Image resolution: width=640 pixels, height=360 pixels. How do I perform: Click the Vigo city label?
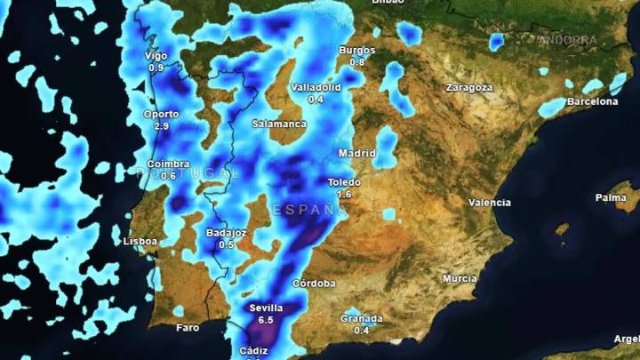click(x=156, y=56)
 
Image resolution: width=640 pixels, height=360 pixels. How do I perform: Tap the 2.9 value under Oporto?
click(x=161, y=126)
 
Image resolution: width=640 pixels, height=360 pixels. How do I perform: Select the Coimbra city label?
click(x=168, y=164)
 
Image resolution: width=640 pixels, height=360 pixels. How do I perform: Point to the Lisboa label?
click(x=140, y=241)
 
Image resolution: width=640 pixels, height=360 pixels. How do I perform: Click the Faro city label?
click(x=188, y=327)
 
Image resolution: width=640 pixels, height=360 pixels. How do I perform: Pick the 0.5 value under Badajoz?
click(x=226, y=244)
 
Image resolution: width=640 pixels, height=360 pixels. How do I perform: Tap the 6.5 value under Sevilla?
click(x=265, y=319)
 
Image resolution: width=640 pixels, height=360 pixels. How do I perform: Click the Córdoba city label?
click(x=314, y=284)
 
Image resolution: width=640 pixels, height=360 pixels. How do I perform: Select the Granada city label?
click(x=362, y=318)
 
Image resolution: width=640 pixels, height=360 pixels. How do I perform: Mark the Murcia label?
click(x=460, y=278)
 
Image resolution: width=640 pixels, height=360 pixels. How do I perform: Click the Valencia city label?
click(x=490, y=203)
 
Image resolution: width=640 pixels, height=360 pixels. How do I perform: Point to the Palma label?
click(x=611, y=197)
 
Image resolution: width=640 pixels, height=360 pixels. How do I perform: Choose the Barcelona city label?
click(x=592, y=101)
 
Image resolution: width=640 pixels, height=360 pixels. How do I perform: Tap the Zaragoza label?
click(x=469, y=88)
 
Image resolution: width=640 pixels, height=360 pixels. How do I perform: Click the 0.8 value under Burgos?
click(x=357, y=62)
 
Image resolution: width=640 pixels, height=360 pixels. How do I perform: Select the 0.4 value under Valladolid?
click(x=316, y=100)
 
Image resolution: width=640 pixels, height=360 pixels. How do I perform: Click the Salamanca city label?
click(x=279, y=124)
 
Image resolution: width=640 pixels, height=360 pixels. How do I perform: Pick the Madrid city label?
click(x=356, y=153)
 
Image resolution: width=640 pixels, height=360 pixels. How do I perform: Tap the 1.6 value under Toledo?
click(x=345, y=194)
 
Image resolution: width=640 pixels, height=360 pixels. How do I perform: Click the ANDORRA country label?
click(x=568, y=40)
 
